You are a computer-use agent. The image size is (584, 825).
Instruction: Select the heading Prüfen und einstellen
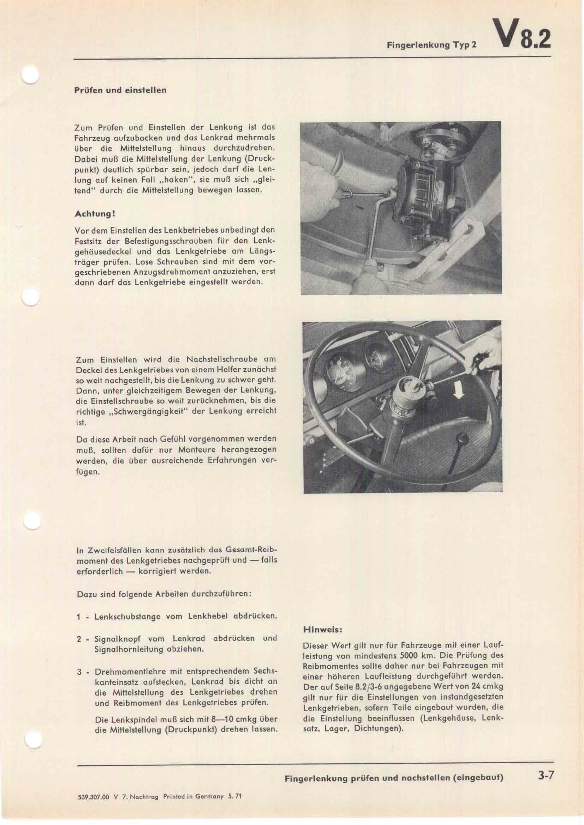120,90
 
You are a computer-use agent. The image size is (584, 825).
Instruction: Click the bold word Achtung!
95,213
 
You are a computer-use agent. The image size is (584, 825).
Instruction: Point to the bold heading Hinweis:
322,630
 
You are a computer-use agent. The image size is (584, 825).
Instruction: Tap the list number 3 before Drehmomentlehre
79,672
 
